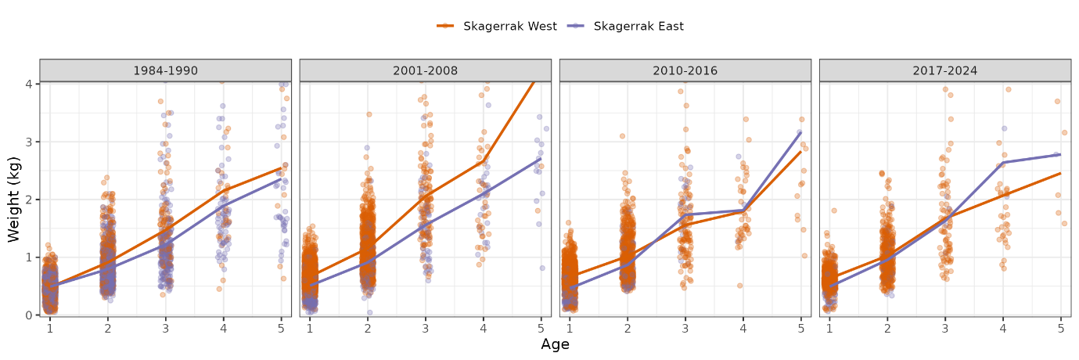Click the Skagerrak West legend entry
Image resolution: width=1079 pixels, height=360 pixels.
(x=497, y=26)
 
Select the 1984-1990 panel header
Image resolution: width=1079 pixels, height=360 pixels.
(x=165, y=70)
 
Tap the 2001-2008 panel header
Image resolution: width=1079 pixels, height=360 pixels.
(x=425, y=70)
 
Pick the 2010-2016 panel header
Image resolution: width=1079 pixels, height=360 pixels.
(x=685, y=70)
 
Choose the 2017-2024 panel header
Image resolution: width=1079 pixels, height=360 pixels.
(x=944, y=70)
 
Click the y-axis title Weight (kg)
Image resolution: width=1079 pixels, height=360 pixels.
(x=14, y=199)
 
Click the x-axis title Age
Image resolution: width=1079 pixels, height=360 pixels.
(x=555, y=344)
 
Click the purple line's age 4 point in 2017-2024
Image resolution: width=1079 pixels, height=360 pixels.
(x=1002, y=163)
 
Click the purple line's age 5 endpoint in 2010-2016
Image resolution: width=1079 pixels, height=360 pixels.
(x=800, y=132)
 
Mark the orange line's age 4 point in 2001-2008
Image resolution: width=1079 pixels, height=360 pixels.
(x=483, y=161)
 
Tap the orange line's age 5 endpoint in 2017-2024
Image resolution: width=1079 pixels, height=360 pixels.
(x=1060, y=174)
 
